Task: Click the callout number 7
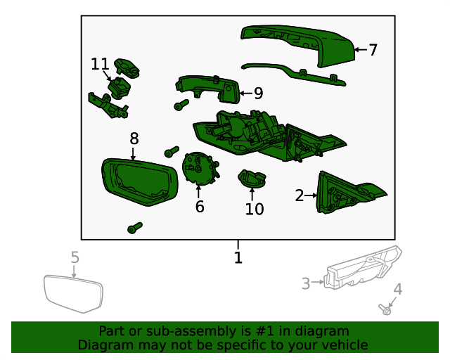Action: (373, 50)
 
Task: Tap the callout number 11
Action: (100, 64)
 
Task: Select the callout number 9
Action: (258, 94)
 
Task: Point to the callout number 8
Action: (134, 139)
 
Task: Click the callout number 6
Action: (200, 207)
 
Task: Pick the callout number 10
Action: (255, 209)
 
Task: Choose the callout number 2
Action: (300, 195)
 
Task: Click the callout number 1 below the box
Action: (238, 257)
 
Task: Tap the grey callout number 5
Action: (75, 257)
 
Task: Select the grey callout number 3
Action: (306, 283)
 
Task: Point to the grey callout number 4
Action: (398, 289)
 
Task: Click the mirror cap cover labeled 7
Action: (298, 45)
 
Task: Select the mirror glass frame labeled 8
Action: (140, 181)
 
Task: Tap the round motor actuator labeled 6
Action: (200, 169)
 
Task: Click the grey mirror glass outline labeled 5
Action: (73, 294)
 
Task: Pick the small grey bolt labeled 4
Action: (385, 309)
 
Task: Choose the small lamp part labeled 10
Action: (252, 179)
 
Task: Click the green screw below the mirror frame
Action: (134, 228)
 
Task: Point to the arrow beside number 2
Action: (311, 195)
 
